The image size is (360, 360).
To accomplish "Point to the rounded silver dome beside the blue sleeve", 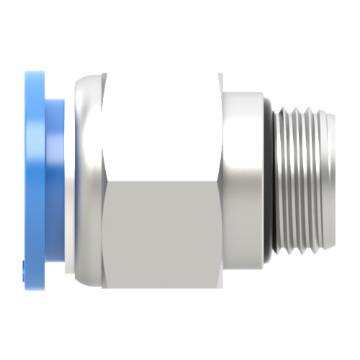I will (x=86, y=173).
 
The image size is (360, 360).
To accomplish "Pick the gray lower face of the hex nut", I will (x=162, y=230).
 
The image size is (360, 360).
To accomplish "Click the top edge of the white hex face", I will (x=162, y=73).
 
